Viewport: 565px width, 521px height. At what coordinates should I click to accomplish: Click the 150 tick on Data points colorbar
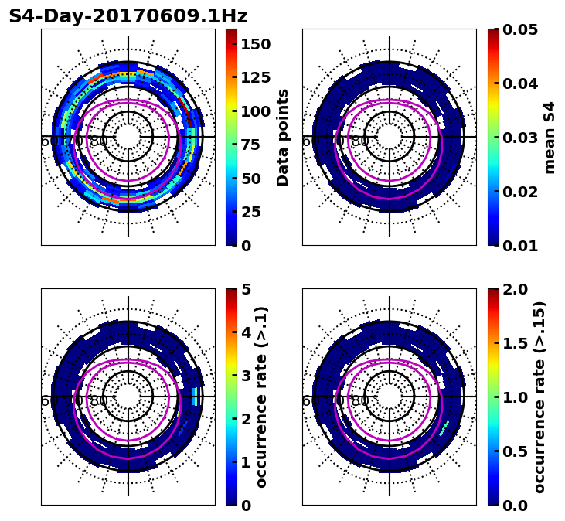pyautogui.click(x=255, y=44)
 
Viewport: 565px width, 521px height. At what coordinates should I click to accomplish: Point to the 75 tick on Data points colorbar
pyautogui.click(x=250, y=145)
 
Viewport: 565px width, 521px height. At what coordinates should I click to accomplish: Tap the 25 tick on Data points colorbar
pyautogui.click(x=250, y=212)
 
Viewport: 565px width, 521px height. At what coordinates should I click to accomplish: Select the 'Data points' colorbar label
pyautogui.click(x=283, y=138)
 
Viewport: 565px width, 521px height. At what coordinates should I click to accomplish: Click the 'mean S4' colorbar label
pyautogui.click(x=550, y=138)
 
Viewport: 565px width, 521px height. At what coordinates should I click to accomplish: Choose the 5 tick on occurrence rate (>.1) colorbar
pyautogui.click(x=246, y=289)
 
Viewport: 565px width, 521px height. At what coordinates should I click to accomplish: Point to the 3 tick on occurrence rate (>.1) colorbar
pyautogui.click(x=246, y=376)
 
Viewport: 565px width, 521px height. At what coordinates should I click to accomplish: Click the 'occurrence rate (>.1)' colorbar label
pyautogui.click(x=261, y=397)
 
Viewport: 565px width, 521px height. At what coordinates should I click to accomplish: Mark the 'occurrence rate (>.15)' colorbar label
pyautogui.click(x=539, y=397)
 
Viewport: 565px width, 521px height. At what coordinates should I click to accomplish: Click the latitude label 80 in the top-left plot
pyautogui.click(x=99, y=141)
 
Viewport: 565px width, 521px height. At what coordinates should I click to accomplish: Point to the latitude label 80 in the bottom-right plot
pyautogui.click(x=360, y=401)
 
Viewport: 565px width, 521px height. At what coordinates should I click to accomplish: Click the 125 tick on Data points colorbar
pyautogui.click(x=255, y=77)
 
